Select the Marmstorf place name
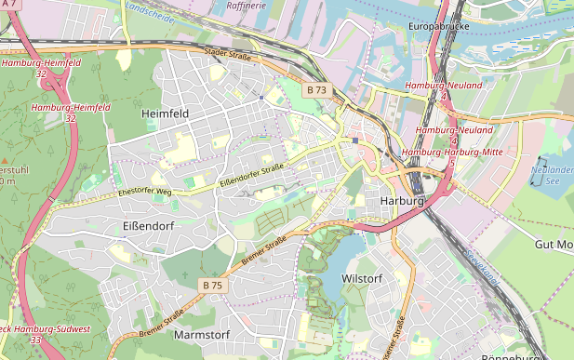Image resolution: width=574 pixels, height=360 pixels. point(202,334)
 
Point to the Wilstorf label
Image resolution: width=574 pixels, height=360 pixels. point(363,278)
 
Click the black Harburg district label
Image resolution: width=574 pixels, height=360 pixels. point(402,201)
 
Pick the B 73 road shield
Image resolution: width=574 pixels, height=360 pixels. point(316,90)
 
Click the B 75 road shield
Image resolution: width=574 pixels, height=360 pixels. point(212,285)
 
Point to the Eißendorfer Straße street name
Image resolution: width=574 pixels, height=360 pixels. point(251,175)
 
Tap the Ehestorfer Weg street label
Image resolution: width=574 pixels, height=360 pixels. point(145,192)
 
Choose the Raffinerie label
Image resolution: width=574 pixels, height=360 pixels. point(246,6)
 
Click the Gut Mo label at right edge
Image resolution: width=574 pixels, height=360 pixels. point(554,244)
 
